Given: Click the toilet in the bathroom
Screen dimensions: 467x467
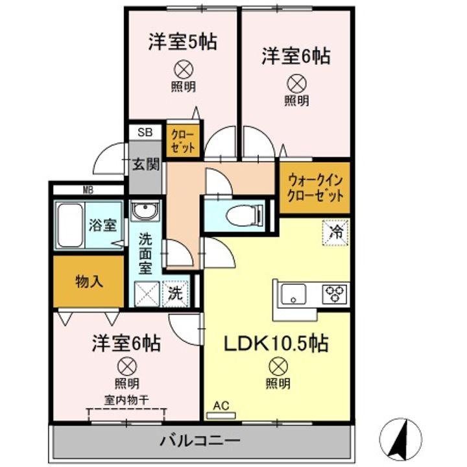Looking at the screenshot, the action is (245, 215).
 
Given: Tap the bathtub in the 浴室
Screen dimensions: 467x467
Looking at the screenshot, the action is (70, 225).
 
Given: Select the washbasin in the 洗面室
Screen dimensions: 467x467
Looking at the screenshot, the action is (145, 210).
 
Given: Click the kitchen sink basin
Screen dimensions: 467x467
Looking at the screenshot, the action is (294, 294).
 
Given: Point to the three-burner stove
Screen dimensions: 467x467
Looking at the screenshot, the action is (335, 294).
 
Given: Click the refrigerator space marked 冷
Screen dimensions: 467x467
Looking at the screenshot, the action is (336, 233).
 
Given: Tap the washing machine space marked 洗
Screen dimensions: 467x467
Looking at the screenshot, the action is (176, 294).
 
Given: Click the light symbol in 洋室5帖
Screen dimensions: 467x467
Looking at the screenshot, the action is (184, 69).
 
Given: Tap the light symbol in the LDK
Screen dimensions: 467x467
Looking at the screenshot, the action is (278, 366).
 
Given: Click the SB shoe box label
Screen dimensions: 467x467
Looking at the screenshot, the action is (145, 132).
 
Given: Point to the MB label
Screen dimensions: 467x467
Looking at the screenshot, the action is (88, 190).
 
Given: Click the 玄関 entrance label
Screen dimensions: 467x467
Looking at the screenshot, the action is (146, 164).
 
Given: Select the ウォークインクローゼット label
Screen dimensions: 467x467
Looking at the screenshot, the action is (315, 188).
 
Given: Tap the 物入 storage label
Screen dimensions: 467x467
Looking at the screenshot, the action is (89, 281).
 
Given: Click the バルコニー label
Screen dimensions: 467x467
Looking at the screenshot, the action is (200, 440).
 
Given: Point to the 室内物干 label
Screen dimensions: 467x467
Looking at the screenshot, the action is (126, 400).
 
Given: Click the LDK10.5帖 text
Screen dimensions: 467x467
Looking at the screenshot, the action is (276, 343).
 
